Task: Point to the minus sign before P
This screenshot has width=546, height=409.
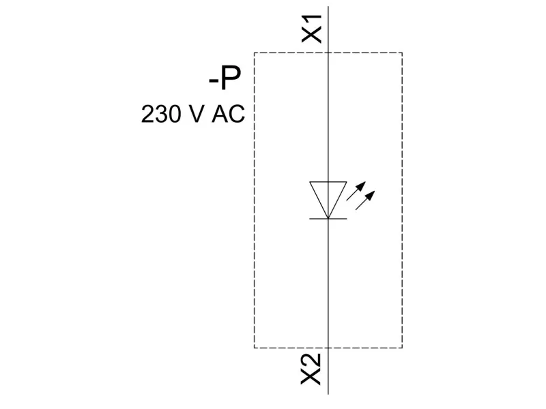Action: [214, 83]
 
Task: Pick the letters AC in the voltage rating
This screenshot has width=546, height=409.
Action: [228, 114]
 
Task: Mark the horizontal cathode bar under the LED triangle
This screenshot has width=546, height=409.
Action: [328, 219]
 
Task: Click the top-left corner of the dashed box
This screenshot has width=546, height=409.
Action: [255, 52]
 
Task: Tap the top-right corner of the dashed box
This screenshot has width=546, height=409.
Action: [402, 52]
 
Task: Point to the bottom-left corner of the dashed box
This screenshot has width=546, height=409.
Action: [255, 348]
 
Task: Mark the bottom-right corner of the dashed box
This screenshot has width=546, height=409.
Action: [402, 348]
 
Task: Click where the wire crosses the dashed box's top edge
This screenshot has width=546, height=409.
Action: [328, 52]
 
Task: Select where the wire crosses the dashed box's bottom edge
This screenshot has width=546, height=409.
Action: [328, 348]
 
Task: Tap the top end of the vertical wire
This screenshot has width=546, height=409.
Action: [328, 7]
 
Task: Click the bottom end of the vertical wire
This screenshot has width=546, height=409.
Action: [328, 393]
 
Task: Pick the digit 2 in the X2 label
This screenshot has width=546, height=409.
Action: [312, 361]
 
